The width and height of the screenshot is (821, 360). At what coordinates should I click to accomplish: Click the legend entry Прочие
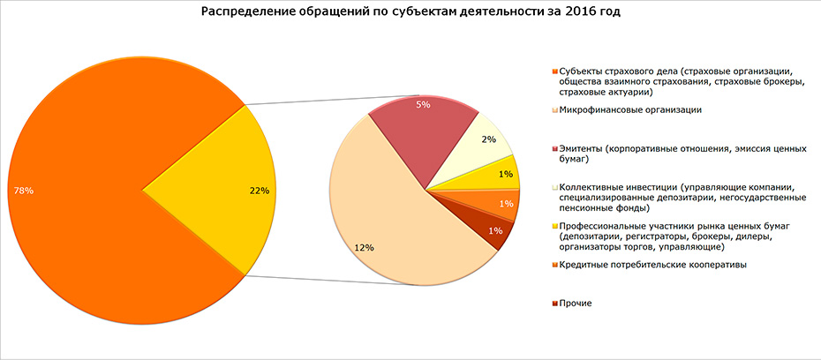pos(574,303)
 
